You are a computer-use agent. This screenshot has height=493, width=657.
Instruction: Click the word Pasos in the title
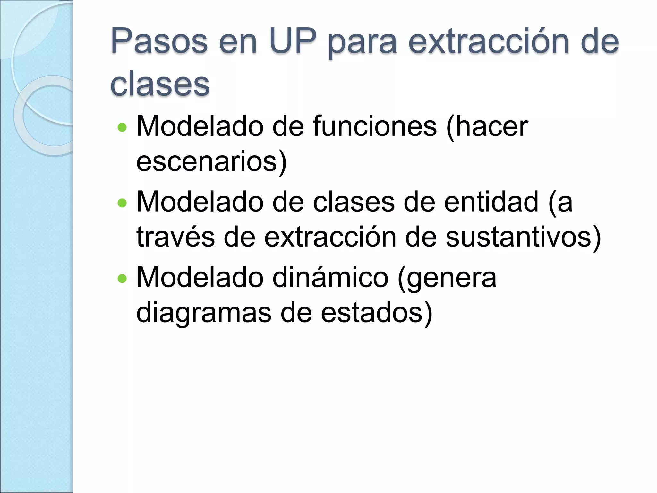(159, 42)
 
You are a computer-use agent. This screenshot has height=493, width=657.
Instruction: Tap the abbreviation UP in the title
(293, 42)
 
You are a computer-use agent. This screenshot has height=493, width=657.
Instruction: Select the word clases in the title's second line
(160, 84)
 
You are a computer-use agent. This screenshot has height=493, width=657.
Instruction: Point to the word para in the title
(363, 43)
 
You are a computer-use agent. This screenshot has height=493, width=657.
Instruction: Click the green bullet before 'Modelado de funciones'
(122, 128)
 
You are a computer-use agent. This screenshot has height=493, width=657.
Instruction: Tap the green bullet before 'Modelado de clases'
(122, 203)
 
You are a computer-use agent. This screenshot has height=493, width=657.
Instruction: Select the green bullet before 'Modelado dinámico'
(122, 278)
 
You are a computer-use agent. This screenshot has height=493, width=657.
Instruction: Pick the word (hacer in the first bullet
(487, 127)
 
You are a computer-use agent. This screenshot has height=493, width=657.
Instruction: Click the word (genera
(447, 278)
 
